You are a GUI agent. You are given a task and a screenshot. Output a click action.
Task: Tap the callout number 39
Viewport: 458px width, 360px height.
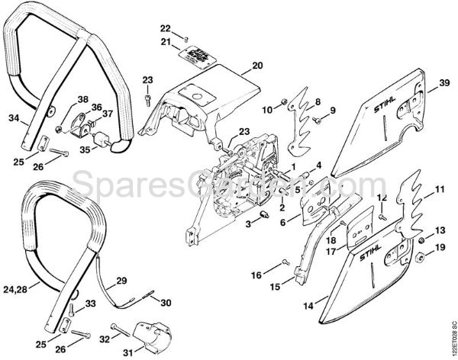[x=443, y=88]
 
